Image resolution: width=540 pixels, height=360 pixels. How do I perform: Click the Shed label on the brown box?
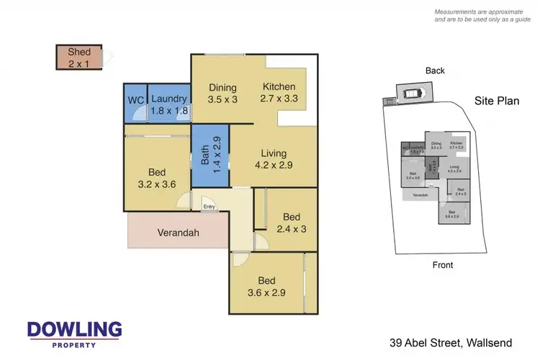pos(79,58)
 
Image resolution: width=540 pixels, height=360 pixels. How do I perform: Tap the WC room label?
pos(135,99)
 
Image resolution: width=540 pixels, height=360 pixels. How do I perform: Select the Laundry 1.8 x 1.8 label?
pos(169,105)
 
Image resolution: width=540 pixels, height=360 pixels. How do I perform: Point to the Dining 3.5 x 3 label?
pos(223,94)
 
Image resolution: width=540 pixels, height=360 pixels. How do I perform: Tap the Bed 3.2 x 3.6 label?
pos(158,179)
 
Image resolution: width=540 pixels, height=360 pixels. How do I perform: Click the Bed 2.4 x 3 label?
pos(291,223)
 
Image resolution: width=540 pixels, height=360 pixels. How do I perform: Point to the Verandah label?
pos(178,233)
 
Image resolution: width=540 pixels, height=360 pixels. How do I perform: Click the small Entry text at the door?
pos(209,207)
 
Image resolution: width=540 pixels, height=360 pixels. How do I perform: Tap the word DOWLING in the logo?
pos(74,330)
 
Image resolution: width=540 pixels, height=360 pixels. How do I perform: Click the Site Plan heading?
pos(497,101)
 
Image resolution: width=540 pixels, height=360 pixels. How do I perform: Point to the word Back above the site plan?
pos(435,71)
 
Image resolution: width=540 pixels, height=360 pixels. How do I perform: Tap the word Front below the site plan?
pos(443,265)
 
